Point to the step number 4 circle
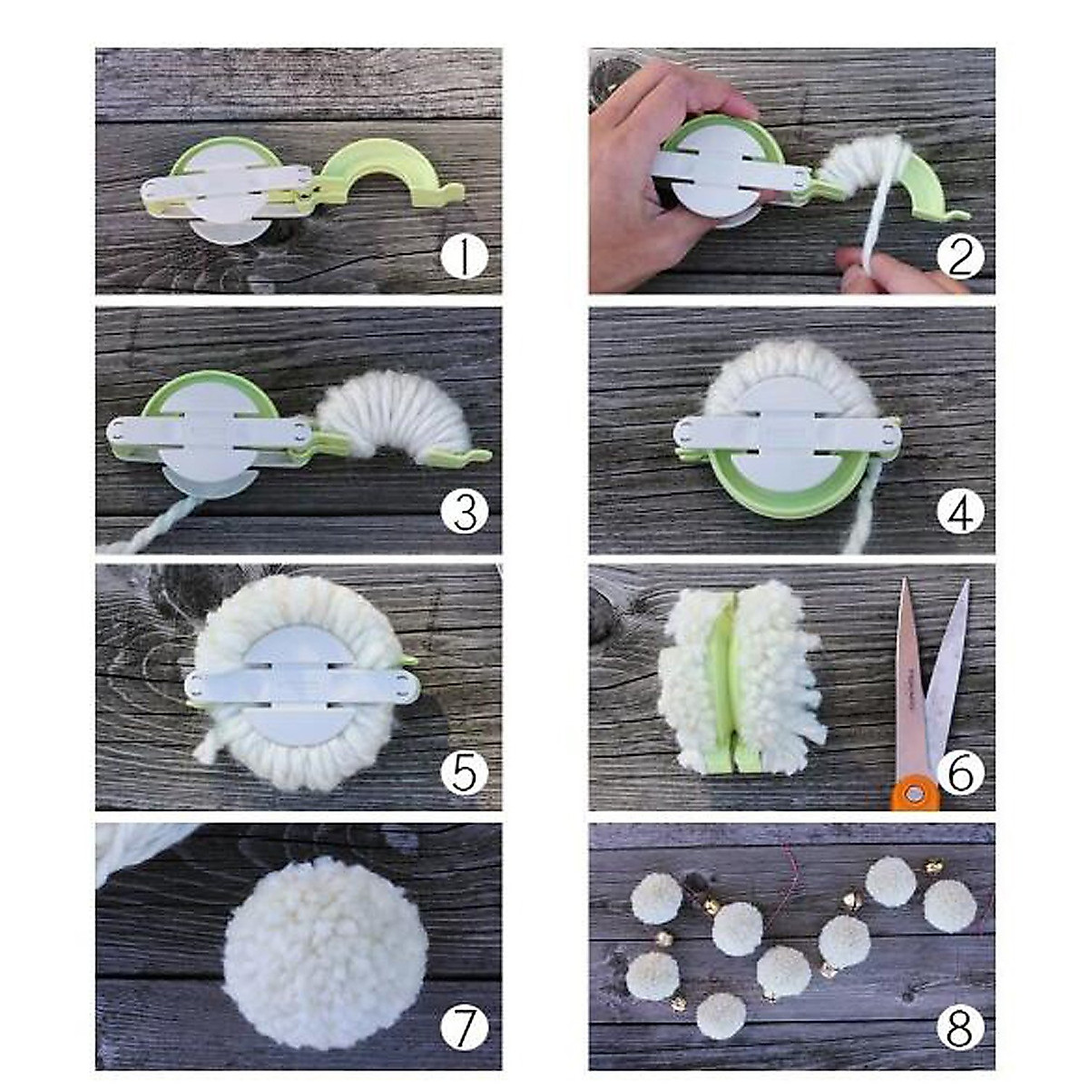coord(959,513)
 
